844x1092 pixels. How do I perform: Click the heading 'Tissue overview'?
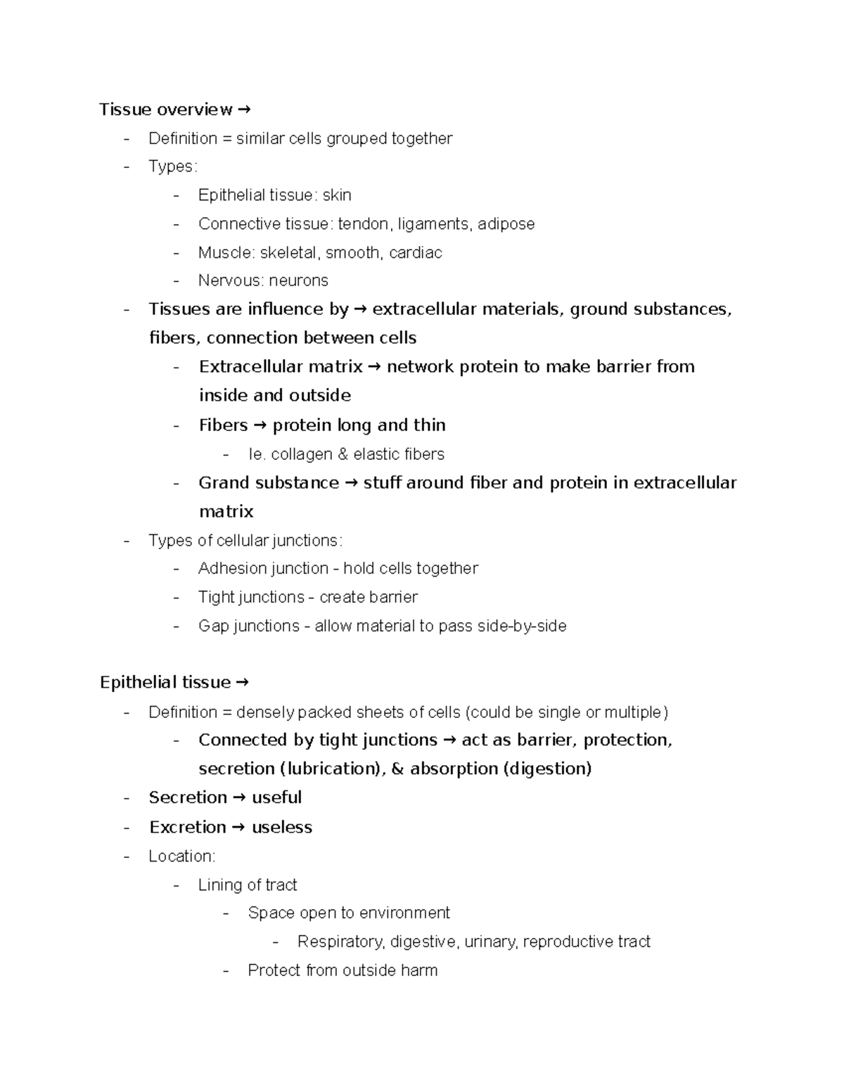[165, 110]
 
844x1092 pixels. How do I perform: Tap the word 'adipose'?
[506, 224]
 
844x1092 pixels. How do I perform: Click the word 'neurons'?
[298, 281]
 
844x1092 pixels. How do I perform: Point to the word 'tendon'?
[363, 224]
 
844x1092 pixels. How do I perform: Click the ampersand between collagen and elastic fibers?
[343, 455]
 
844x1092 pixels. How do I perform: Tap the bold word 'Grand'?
[224, 483]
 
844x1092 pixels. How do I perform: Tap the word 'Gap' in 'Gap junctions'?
[213, 626]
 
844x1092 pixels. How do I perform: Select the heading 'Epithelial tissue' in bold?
[165, 683]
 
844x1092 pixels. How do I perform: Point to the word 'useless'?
[281, 828]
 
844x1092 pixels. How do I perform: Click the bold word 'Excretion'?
[187, 828]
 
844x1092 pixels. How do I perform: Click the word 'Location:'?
[181, 856]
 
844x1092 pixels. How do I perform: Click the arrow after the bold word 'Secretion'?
[239, 798]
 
